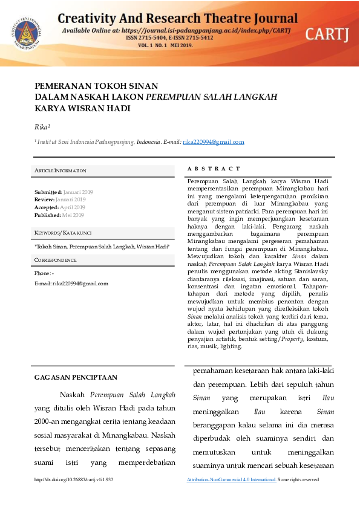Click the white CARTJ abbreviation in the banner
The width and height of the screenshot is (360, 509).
pos(326,34)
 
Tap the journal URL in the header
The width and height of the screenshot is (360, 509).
pos(211,30)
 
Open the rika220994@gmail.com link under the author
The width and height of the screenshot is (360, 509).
pos(205,142)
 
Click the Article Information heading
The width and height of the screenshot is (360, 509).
pos(61,171)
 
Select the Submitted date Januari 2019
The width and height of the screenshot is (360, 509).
pos(78,192)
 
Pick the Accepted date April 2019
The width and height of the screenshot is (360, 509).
pos(72,207)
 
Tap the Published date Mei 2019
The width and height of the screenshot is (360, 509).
pos(73,215)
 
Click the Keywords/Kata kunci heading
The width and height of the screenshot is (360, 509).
pos(63,233)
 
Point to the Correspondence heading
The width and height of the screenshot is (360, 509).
pos(56,260)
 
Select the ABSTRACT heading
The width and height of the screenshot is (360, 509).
pos(214,169)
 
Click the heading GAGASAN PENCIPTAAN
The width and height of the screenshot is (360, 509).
pos(76,377)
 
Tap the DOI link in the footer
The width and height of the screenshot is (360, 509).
pos(74,479)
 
